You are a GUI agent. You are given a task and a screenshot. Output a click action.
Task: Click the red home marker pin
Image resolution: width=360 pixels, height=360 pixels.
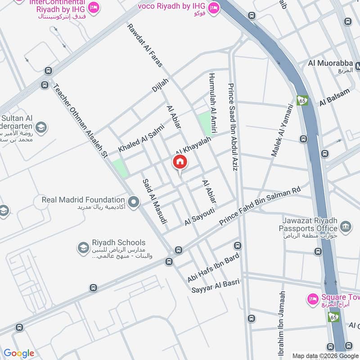(180, 162)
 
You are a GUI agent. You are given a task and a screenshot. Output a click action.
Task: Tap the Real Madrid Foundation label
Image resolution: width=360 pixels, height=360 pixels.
(83, 199)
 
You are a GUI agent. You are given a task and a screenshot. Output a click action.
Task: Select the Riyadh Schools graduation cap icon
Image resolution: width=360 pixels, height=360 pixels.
(83, 248)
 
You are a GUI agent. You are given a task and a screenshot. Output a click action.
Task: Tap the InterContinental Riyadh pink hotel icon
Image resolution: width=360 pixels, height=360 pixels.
(94, 7)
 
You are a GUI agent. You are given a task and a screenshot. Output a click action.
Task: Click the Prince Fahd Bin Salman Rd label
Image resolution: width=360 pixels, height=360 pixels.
(260, 207)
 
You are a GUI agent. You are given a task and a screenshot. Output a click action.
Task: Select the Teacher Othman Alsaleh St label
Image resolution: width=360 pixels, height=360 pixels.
(81, 121)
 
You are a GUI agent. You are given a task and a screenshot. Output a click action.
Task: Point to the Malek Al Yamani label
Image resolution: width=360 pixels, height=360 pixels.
(282, 130)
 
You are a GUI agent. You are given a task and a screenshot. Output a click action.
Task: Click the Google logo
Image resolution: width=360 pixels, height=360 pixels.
(18, 353)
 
